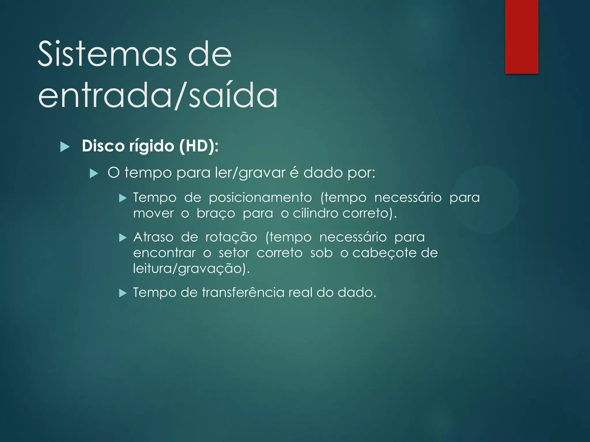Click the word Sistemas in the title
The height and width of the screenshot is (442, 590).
coord(107,54)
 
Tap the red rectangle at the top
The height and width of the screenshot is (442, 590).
coord(521,37)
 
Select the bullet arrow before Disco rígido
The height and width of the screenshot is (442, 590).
coord(65,147)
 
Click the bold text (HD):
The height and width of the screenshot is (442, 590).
coord(199,146)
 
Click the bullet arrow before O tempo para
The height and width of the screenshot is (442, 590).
coord(94,174)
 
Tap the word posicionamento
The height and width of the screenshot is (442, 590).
coord(260,198)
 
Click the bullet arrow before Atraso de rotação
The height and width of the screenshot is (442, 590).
coord(123,238)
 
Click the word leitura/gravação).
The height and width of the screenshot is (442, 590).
coord(191,269)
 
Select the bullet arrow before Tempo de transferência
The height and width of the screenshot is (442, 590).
coord(123,293)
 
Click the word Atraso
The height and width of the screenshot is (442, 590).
coord(153,237)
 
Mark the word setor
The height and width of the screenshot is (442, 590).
coord(234,253)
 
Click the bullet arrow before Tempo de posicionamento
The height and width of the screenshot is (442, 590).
coord(123,198)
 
